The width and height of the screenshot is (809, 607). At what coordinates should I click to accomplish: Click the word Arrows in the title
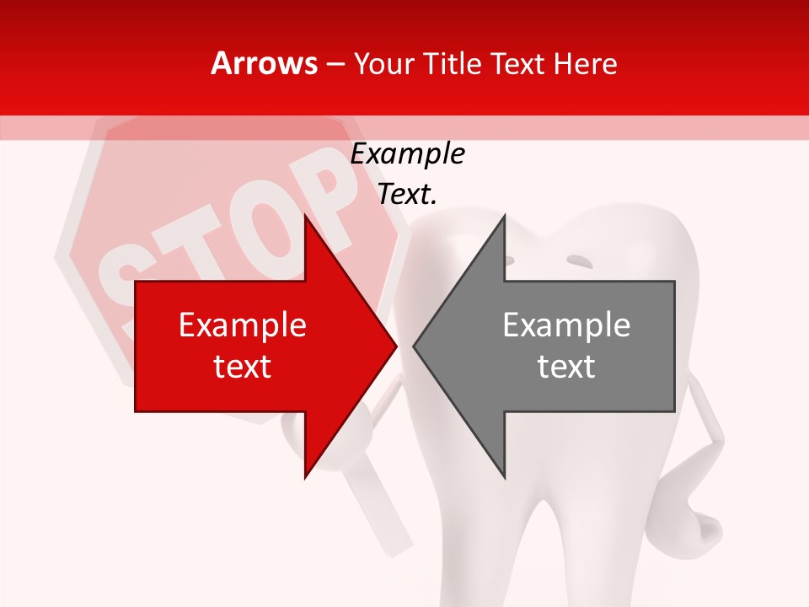tap(264, 63)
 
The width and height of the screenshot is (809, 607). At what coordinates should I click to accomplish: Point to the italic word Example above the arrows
tap(407, 154)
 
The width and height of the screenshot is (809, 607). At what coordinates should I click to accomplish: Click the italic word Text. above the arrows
tap(407, 195)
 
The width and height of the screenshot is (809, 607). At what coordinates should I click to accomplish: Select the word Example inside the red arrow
tap(242, 325)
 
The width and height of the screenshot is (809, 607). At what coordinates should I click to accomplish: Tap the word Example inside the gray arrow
tap(566, 325)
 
